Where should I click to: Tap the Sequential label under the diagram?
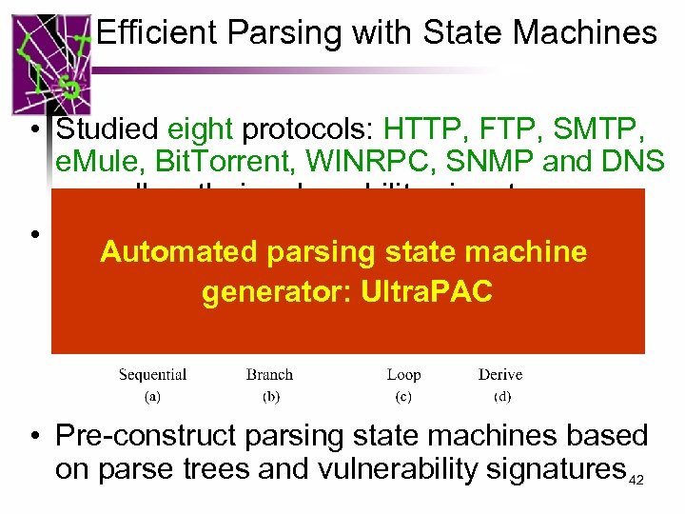[152, 375]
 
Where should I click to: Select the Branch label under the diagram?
[269, 375]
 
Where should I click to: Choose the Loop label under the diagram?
[404, 375]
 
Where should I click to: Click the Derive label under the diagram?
[500, 375]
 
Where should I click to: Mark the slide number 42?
[636, 480]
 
